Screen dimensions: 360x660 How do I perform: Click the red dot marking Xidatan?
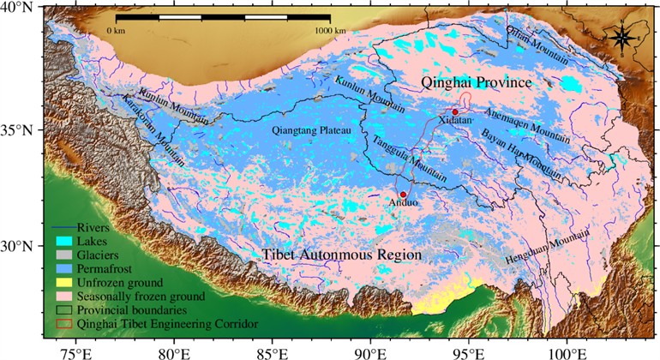(455, 111)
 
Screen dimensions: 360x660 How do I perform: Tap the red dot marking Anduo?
(403, 195)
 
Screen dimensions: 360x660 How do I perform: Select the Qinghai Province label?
(476, 82)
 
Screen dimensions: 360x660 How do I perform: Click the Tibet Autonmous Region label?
(341, 255)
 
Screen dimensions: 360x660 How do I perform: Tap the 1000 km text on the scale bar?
(329, 30)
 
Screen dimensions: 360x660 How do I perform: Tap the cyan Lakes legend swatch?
(60, 242)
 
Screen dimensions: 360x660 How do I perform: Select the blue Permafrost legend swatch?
(60, 268)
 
